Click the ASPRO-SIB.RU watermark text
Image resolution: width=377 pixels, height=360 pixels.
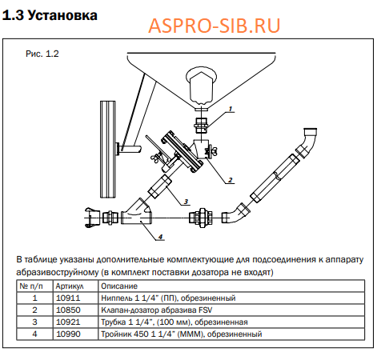point(214,26)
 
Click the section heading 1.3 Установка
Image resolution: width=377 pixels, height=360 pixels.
point(50,15)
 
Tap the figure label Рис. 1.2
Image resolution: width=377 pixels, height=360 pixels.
point(42,54)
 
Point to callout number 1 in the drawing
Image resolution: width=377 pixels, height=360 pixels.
point(231,109)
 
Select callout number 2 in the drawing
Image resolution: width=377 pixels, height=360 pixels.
point(231,180)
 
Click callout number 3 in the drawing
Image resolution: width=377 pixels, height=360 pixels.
point(186,202)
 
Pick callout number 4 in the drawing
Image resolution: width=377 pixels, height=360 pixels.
point(160,237)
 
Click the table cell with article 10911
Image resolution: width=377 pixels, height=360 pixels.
point(68,298)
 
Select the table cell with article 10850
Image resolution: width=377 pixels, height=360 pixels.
point(68,310)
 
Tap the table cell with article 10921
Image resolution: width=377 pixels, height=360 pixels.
point(68,322)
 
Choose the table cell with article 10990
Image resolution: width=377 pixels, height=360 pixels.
point(68,334)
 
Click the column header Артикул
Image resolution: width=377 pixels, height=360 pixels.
point(70,286)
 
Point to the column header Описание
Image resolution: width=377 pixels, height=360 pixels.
point(119,286)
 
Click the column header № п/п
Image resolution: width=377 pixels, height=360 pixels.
point(31,286)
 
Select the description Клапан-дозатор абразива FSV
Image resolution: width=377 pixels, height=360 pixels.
point(157,310)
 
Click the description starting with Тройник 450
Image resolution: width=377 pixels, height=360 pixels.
point(182,334)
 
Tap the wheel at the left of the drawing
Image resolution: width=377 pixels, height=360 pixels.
point(108,150)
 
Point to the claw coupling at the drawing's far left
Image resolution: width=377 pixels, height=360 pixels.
point(92,218)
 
